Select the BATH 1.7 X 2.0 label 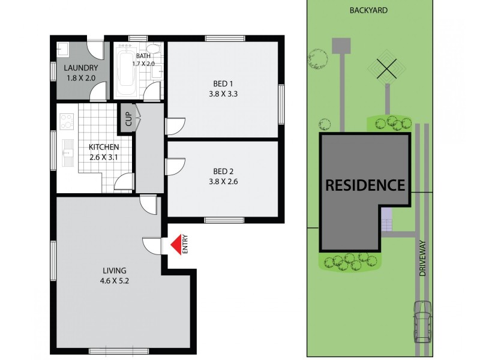(143, 59)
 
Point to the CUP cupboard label (128, 118)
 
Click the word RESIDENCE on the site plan (365, 185)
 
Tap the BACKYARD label (368, 10)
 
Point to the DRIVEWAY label (422, 258)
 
